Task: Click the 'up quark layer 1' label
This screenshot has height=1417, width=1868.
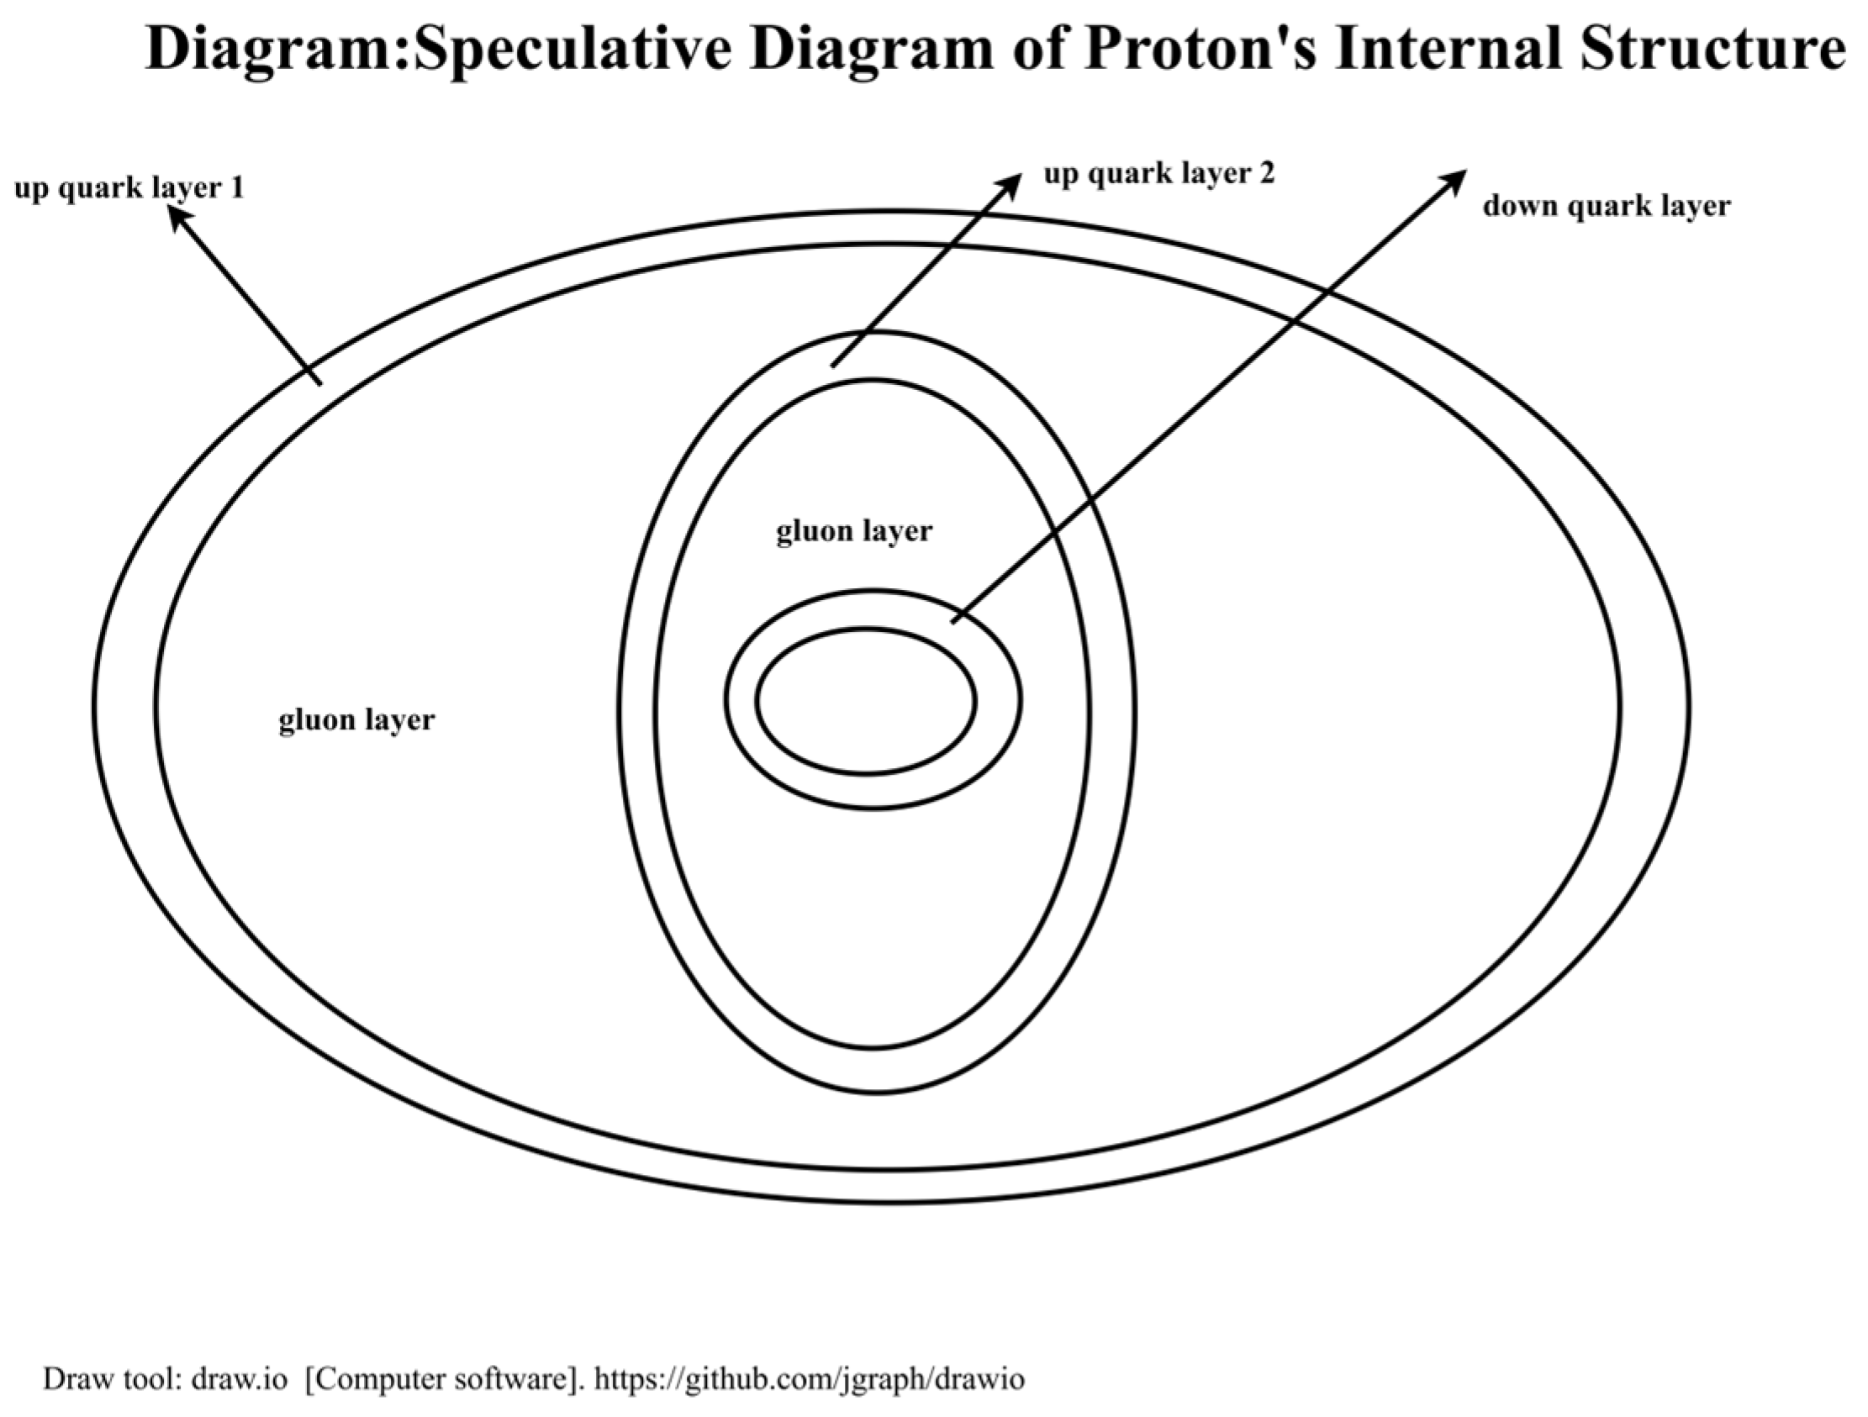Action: click(129, 188)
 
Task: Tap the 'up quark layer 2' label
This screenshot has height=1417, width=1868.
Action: click(1158, 174)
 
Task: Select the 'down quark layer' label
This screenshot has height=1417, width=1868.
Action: click(1607, 206)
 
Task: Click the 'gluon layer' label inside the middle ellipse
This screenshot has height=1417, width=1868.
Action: click(854, 531)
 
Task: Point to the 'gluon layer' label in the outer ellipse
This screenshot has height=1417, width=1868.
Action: click(356, 719)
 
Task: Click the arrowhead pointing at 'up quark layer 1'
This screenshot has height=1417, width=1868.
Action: click(177, 217)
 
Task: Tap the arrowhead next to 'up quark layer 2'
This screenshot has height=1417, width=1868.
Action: click(1012, 185)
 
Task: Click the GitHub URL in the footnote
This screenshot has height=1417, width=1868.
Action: click(809, 1379)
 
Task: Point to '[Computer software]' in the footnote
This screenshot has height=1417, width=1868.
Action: click(444, 1379)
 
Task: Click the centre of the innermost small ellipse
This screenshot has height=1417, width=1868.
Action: click(867, 701)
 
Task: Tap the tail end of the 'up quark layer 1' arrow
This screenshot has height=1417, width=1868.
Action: click(320, 384)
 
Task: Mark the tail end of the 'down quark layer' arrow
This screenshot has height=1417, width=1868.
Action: click(953, 623)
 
